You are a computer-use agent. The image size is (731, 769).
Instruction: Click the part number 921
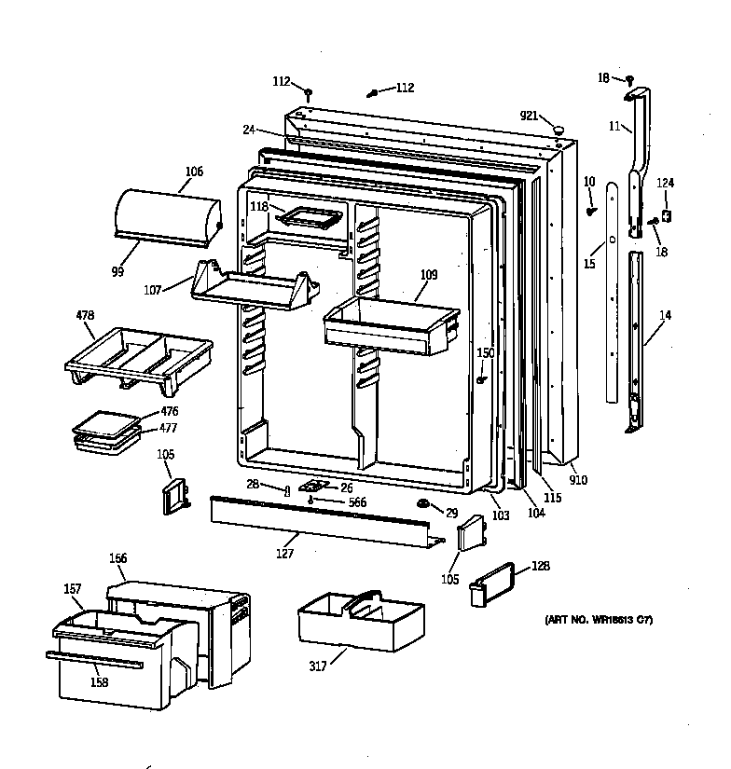(x=529, y=116)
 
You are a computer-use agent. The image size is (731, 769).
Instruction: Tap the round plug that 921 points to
(x=558, y=128)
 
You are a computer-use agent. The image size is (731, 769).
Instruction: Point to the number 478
(x=85, y=315)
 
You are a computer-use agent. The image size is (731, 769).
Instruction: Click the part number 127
(x=285, y=554)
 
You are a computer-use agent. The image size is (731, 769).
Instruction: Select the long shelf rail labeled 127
(x=317, y=521)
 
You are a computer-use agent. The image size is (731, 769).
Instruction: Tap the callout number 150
(x=486, y=352)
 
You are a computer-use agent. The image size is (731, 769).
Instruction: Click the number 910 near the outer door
(x=579, y=480)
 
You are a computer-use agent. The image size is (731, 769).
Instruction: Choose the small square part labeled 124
(x=666, y=214)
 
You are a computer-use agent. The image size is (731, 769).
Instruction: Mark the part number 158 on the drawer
(x=98, y=682)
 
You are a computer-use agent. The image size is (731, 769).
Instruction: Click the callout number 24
(x=249, y=130)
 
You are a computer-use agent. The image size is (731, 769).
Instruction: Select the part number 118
(x=259, y=206)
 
